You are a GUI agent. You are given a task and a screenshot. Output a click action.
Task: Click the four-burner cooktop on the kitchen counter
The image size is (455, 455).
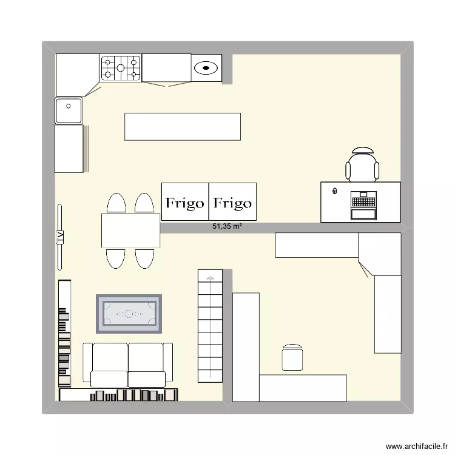coord(121,67)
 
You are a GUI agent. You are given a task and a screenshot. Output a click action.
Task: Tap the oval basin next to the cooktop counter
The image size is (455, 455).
coord(207,67)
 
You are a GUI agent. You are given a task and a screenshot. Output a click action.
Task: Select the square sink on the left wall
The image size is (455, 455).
coord(69,110)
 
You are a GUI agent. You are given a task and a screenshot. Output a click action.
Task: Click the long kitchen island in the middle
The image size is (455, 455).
coord(183,127)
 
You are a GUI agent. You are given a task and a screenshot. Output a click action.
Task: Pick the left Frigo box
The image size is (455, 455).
coord(185,201)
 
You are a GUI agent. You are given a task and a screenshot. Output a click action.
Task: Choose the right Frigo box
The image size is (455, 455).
coord(233,201)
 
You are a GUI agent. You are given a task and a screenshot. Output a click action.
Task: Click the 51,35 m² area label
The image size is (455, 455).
coord(227,227)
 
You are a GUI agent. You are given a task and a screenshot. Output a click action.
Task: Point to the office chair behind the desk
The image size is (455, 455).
coord(362,164)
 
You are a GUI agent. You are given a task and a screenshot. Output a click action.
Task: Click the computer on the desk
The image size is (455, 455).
coord(364,206)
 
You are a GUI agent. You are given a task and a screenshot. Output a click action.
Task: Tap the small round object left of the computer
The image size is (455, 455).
coord(334,192)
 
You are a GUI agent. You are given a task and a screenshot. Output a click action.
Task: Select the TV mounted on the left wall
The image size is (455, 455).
coord(60,237)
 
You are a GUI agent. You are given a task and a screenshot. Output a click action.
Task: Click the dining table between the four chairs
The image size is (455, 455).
coord(130,230)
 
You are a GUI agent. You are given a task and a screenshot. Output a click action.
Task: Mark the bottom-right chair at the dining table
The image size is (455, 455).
coord(144,258)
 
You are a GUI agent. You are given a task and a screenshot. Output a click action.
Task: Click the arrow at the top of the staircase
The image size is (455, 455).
coord(210,278)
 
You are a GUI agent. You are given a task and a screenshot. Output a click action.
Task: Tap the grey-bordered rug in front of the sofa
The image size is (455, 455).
coord(129,314)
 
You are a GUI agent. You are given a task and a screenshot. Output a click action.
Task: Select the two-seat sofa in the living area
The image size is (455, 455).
coord(128,364)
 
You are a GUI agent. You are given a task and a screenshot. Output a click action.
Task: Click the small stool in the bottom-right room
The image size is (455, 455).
coord(292,357)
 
